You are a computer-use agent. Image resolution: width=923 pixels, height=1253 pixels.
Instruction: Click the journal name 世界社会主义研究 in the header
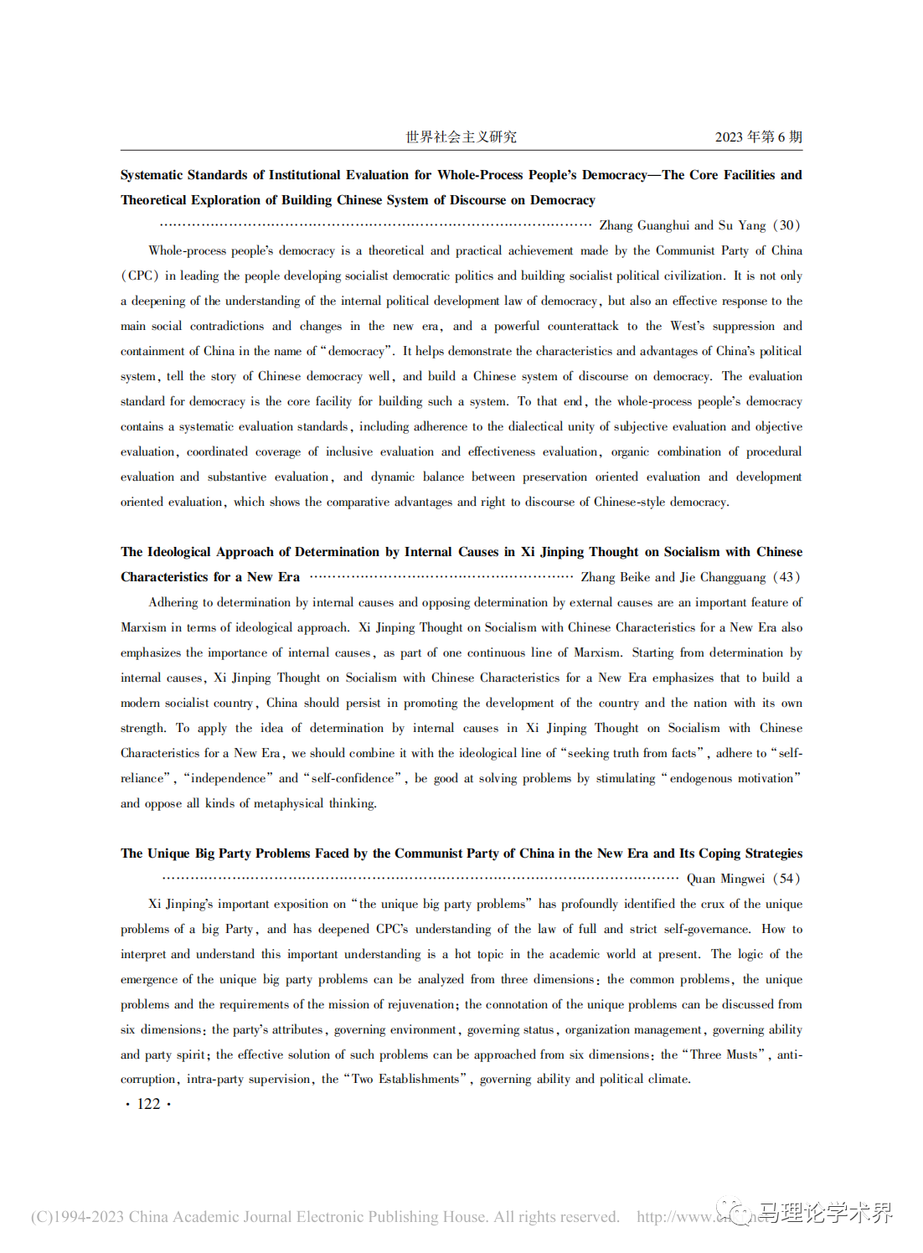tap(461, 137)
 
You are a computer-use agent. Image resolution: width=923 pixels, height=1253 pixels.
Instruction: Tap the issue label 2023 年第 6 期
tap(758, 137)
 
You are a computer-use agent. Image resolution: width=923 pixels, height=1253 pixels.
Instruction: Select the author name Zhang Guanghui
tap(644, 225)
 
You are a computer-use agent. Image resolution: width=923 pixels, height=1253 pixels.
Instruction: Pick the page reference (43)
tap(786, 577)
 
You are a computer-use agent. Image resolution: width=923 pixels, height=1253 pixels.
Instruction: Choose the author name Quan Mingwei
tap(725, 879)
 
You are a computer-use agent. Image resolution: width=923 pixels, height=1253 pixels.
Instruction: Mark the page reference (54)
tap(786, 879)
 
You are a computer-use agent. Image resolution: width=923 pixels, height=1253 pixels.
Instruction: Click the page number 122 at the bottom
tap(148, 1104)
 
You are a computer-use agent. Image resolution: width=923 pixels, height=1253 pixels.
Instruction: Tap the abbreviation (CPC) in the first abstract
tap(140, 276)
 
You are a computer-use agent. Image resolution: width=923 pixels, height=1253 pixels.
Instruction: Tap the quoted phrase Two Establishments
tap(406, 1079)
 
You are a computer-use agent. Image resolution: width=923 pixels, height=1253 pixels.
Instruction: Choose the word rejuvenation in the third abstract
tap(420, 1004)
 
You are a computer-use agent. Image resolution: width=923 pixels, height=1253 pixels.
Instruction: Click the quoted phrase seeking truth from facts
tap(632, 753)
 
